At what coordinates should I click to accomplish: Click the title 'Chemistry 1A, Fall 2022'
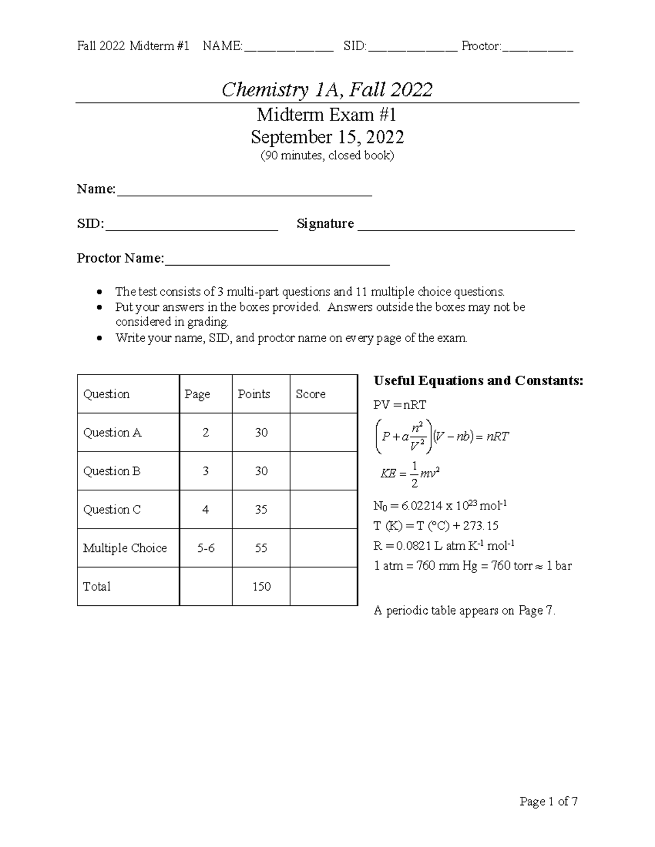tap(327, 89)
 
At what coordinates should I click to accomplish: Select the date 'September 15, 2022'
tap(327, 136)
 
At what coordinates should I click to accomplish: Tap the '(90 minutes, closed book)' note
tap(327, 155)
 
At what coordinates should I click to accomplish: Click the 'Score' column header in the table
tap(311, 394)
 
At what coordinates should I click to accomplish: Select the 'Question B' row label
tap(112, 471)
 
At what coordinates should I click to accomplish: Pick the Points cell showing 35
tap(261, 509)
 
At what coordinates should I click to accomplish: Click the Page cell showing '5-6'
tap(206, 548)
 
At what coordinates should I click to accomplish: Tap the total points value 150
tap(261, 586)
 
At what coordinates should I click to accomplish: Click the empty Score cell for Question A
tap(323, 432)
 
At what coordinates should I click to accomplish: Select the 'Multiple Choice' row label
tap(125, 548)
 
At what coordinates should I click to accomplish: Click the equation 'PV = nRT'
tap(400, 405)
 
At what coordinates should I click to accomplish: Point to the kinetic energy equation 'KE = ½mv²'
tap(410, 473)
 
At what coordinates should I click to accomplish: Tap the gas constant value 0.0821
tap(415, 545)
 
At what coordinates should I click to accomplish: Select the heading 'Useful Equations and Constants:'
tap(478, 381)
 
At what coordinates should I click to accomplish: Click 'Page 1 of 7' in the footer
tap(548, 801)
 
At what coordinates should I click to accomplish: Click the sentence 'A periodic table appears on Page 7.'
tap(465, 610)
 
